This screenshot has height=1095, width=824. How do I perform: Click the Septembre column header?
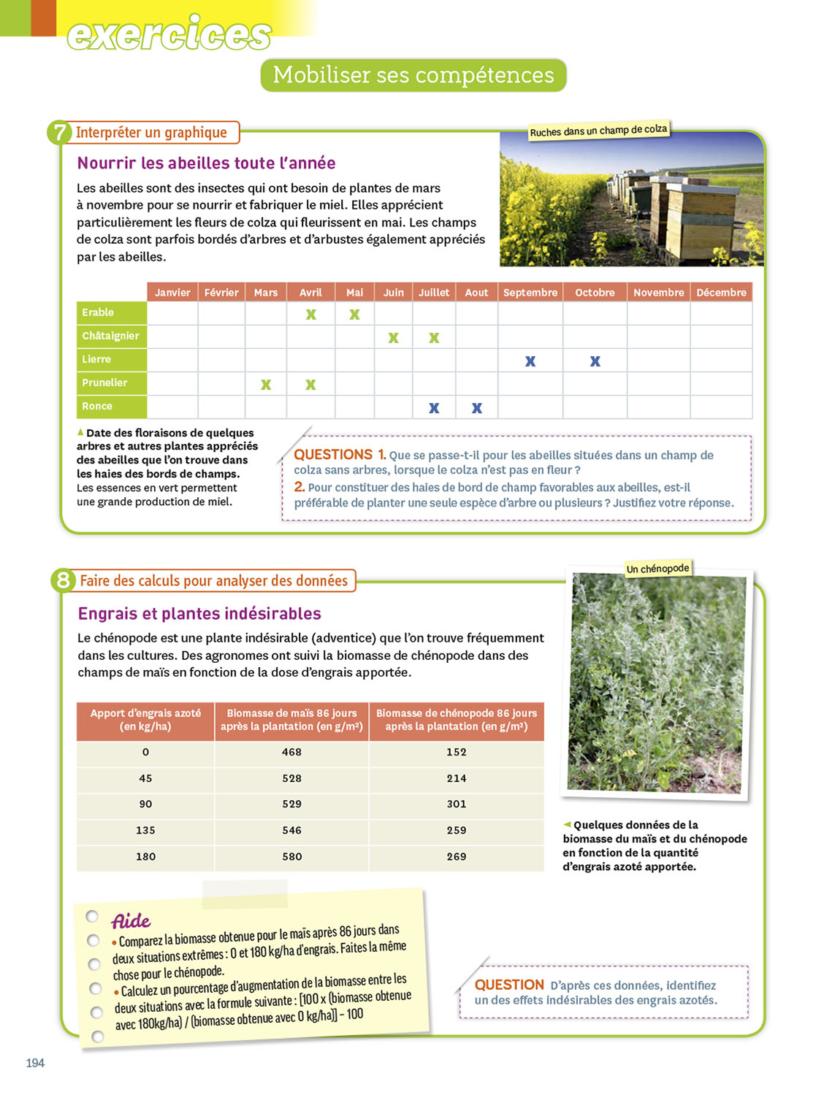pyautogui.click(x=530, y=293)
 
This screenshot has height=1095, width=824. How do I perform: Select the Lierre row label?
pyautogui.click(x=96, y=359)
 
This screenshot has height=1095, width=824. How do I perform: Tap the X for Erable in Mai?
pyautogui.click(x=354, y=315)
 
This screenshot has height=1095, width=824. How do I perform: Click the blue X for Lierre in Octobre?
pyautogui.click(x=595, y=361)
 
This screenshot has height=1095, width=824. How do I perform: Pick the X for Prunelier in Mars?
pyautogui.click(x=266, y=385)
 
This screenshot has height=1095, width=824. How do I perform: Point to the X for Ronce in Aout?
pyautogui.click(x=477, y=408)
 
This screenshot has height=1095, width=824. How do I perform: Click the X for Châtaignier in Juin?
pyautogui.click(x=393, y=338)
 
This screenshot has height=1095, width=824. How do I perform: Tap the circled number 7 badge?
pyautogui.click(x=59, y=133)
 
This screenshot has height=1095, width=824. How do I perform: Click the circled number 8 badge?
pyautogui.click(x=63, y=580)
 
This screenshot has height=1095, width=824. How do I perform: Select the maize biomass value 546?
pyautogui.click(x=291, y=830)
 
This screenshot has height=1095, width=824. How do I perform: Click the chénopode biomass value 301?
pyautogui.click(x=457, y=804)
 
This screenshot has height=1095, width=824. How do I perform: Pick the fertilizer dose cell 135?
pyautogui.click(x=145, y=830)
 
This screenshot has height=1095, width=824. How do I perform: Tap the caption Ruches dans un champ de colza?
pyautogui.click(x=598, y=131)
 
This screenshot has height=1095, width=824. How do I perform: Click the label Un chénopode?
pyautogui.click(x=657, y=569)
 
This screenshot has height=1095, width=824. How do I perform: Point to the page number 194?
pyautogui.click(x=35, y=1063)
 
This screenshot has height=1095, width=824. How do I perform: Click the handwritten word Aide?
pyautogui.click(x=131, y=921)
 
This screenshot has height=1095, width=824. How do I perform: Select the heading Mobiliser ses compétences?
pyautogui.click(x=413, y=75)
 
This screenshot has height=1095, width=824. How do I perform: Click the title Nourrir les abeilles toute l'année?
pyautogui.click(x=206, y=163)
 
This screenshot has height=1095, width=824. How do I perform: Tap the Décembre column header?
pyautogui.click(x=721, y=293)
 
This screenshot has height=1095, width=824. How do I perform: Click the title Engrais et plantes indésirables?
pyautogui.click(x=199, y=613)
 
